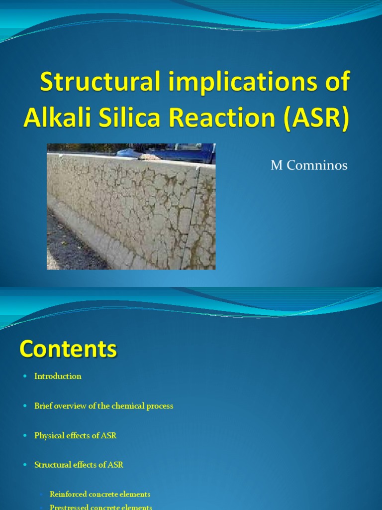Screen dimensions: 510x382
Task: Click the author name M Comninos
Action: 308,166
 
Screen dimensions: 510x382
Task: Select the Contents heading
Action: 68,349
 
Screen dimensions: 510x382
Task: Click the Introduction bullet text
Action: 58,376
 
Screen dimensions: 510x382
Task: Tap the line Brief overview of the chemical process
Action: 103,406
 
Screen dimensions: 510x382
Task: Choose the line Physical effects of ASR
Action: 75,435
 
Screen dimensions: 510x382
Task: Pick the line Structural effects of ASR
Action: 79,465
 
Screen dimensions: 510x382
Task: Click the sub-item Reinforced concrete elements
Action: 99,494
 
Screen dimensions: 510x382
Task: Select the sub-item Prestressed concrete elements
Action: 100,507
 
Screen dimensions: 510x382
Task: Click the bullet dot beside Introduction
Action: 24,377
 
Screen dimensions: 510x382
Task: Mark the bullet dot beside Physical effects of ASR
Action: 24,436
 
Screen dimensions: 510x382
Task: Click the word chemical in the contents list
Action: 128,406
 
